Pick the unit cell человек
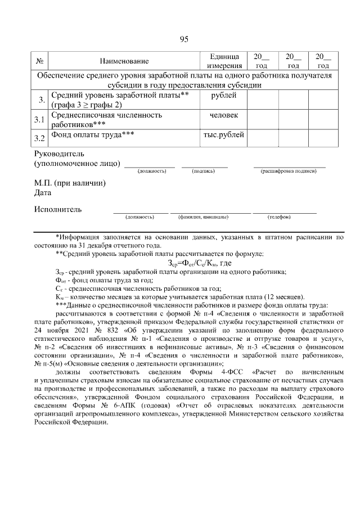(223, 115)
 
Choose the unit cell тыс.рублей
(223, 135)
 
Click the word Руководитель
(59, 154)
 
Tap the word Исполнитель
(58, 209)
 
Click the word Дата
(43, 193)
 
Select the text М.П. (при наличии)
(70, 183)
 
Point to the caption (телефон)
(278, 217)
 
